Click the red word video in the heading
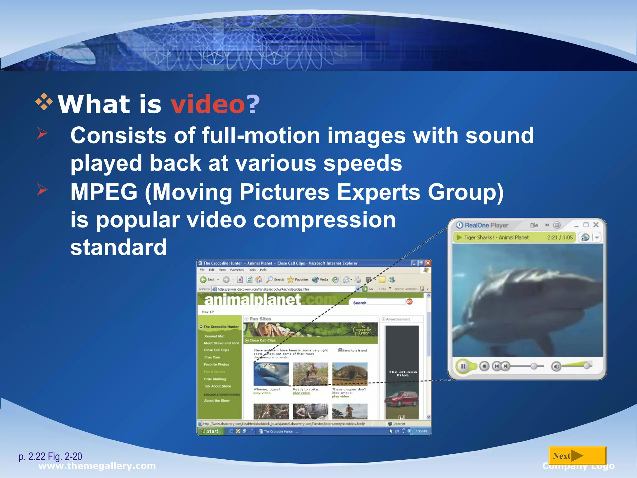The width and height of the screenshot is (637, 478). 208,104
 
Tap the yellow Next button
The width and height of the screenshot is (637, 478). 577,456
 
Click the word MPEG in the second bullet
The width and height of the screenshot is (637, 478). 104,192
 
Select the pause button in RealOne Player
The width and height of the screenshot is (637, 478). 463,366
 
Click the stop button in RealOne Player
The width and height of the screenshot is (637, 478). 484,366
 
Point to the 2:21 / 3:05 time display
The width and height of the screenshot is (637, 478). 560,237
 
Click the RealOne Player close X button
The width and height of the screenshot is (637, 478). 596,225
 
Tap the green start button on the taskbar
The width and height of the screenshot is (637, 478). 210,431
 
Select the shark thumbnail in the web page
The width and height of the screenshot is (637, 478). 271,374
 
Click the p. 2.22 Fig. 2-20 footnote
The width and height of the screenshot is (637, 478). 50,457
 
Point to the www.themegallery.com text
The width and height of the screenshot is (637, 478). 97,466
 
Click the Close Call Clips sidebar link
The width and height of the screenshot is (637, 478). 216,350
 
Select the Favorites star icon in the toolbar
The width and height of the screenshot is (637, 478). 291,279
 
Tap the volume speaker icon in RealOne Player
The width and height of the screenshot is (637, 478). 556,367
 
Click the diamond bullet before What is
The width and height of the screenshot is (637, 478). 44,102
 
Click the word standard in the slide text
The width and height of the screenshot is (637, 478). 119,247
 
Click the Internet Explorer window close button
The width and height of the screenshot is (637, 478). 428,263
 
